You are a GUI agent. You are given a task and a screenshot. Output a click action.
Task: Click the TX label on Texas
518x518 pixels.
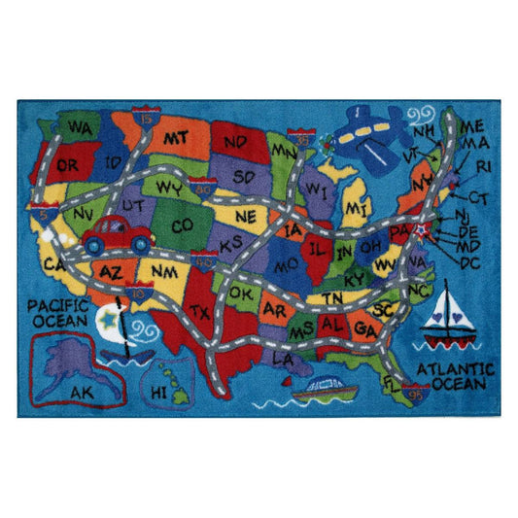click(201, 311)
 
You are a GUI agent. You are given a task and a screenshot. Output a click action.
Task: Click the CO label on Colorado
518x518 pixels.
click(182, 226)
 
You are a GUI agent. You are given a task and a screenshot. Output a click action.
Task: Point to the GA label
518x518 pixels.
click(364, 329)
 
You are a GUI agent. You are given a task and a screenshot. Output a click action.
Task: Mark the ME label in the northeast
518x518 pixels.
click(473, 126)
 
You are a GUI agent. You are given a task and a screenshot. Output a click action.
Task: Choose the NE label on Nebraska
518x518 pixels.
click(246, 216)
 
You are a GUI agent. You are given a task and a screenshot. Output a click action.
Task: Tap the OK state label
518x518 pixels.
click(240, 293)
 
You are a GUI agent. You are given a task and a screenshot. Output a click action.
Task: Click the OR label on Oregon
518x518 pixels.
click(68, 165)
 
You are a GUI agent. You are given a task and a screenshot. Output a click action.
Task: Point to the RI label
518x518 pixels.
click(483, 166)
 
